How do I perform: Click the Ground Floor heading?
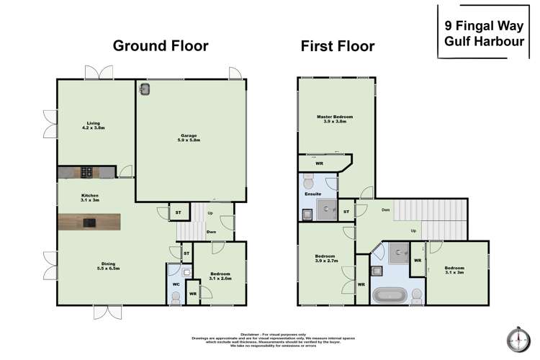point(161,46)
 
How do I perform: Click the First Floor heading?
point(338,46)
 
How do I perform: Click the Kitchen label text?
point(89,197)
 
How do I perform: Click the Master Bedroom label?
point(336,118)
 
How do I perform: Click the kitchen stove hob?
point(86,172)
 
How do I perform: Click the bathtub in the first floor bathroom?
point(390,295)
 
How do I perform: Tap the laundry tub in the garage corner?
point(145,89)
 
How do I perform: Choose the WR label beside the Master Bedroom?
point(319,163)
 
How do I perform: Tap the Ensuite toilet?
point(308,179)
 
